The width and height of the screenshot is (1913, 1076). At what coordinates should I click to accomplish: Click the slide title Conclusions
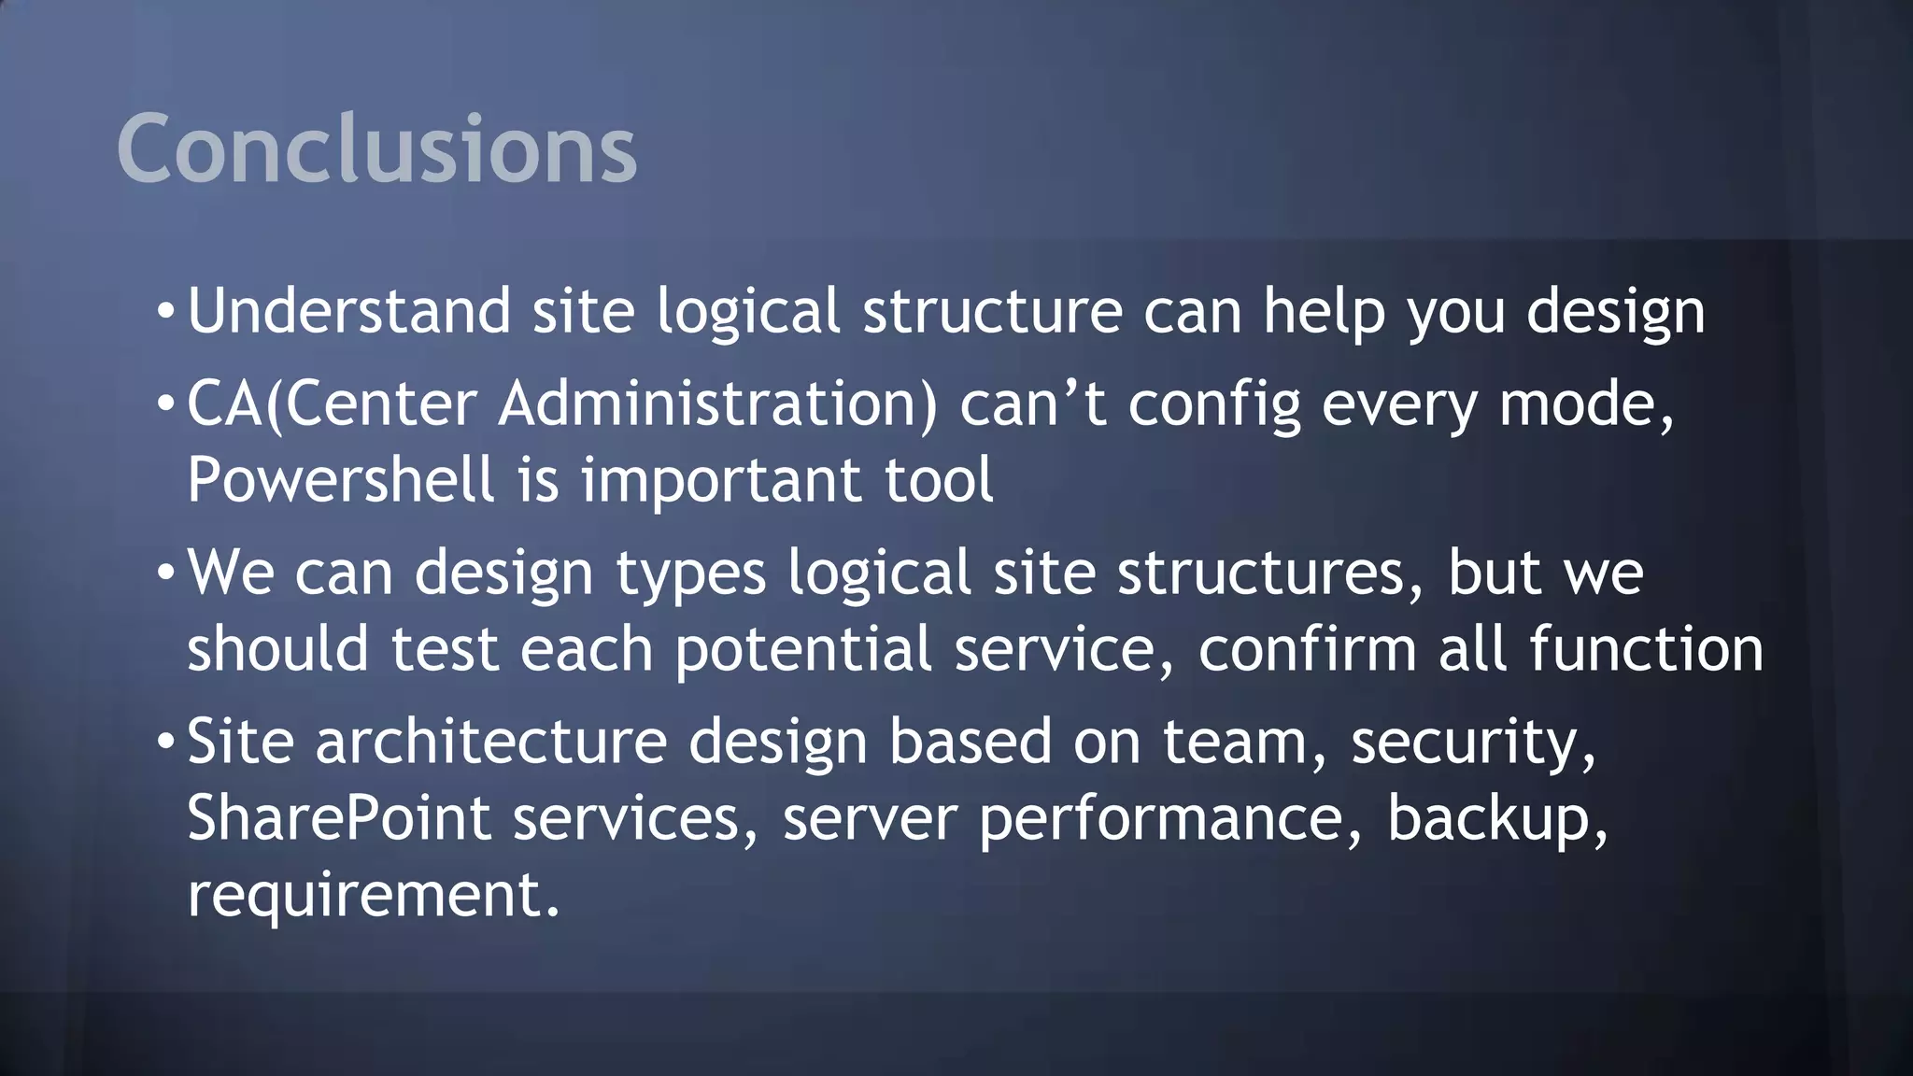(376, 149)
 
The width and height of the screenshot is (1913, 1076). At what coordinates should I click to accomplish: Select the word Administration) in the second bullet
(717, 404)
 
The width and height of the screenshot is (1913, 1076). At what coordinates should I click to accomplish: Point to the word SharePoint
(338, 818)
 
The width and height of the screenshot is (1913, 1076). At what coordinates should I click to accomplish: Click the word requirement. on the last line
(374, 895)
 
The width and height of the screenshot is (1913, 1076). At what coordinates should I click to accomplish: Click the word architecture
(491, 742)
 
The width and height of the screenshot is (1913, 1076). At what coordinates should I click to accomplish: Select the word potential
(803, 650)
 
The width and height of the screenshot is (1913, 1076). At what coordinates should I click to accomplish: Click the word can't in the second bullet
(1033, 404)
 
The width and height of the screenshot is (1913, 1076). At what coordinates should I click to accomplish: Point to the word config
(1214, 406)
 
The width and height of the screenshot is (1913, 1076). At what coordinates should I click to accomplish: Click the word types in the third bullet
(691, 574)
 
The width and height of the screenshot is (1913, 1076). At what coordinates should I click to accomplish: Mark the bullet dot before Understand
(165, 311)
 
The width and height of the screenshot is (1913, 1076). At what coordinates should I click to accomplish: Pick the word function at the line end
(1646, 649)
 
